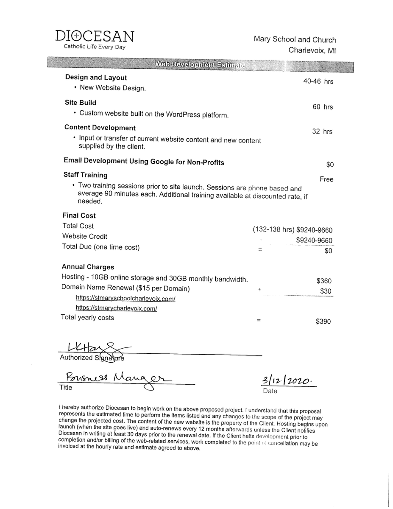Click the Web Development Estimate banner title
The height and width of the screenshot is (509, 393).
(x=200, y=64)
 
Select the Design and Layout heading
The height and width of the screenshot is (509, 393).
(x=96, y=78)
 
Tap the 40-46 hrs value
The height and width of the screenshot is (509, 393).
(x=318, y=81)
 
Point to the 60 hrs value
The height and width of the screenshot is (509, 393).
(x=323, y=107)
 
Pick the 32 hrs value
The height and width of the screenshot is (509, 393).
(x=322, y=131)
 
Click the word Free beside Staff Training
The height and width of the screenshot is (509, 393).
(x=326, y=179)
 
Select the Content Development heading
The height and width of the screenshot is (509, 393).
(x=100, y=128)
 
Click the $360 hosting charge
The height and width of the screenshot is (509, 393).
(x=324, y=281)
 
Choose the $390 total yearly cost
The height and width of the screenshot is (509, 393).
(x=323, y=322)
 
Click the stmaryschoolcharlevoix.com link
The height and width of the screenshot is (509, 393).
(x=125, y=299)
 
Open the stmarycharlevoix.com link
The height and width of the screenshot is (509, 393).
(x=117, y=308)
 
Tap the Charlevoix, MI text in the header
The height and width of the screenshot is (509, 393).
(x=312, y=50)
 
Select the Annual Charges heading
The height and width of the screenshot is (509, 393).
(x=88, y=267)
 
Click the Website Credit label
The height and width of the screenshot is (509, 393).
(x=85, y=236)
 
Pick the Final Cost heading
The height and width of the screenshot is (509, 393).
(x=79, y=215)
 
